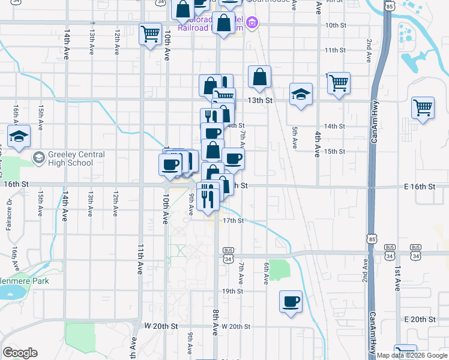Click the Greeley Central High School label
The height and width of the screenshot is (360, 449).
tap(69, 158)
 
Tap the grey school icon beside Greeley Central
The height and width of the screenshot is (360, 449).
tap(39, 158)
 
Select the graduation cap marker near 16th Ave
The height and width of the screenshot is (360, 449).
tap(19, 136)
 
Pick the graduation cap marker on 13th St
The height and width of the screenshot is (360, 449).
tap(301, 94)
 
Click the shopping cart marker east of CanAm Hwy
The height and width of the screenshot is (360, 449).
tap(423, 109)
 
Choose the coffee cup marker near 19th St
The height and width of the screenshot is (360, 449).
tap(291, 301)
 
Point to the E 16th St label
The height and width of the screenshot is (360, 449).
tap(420, 187)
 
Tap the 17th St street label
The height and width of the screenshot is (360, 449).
tap(233, 221)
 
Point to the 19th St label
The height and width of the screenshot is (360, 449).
tap(231, 291)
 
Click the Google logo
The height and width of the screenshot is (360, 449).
tap(20, 353)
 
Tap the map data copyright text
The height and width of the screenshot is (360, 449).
tap(411, 355)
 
